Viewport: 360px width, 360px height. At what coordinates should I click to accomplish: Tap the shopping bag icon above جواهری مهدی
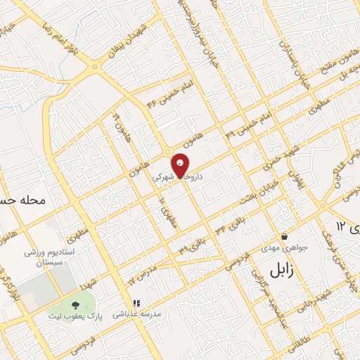click(x=284, y=236)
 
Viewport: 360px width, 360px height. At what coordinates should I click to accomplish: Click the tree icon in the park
click(x=75, y=304)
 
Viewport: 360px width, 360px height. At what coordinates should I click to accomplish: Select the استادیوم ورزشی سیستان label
click(x=51, y=257)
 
